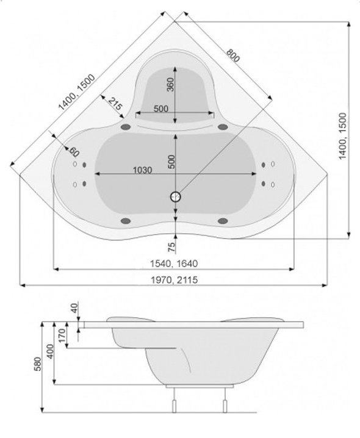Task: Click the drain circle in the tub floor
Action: click(x=176, y=196)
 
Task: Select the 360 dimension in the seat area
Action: click(x=170, y=85)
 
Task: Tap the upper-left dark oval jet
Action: click(x=127, y=127)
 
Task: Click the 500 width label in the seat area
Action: click(x=160, y=109)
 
